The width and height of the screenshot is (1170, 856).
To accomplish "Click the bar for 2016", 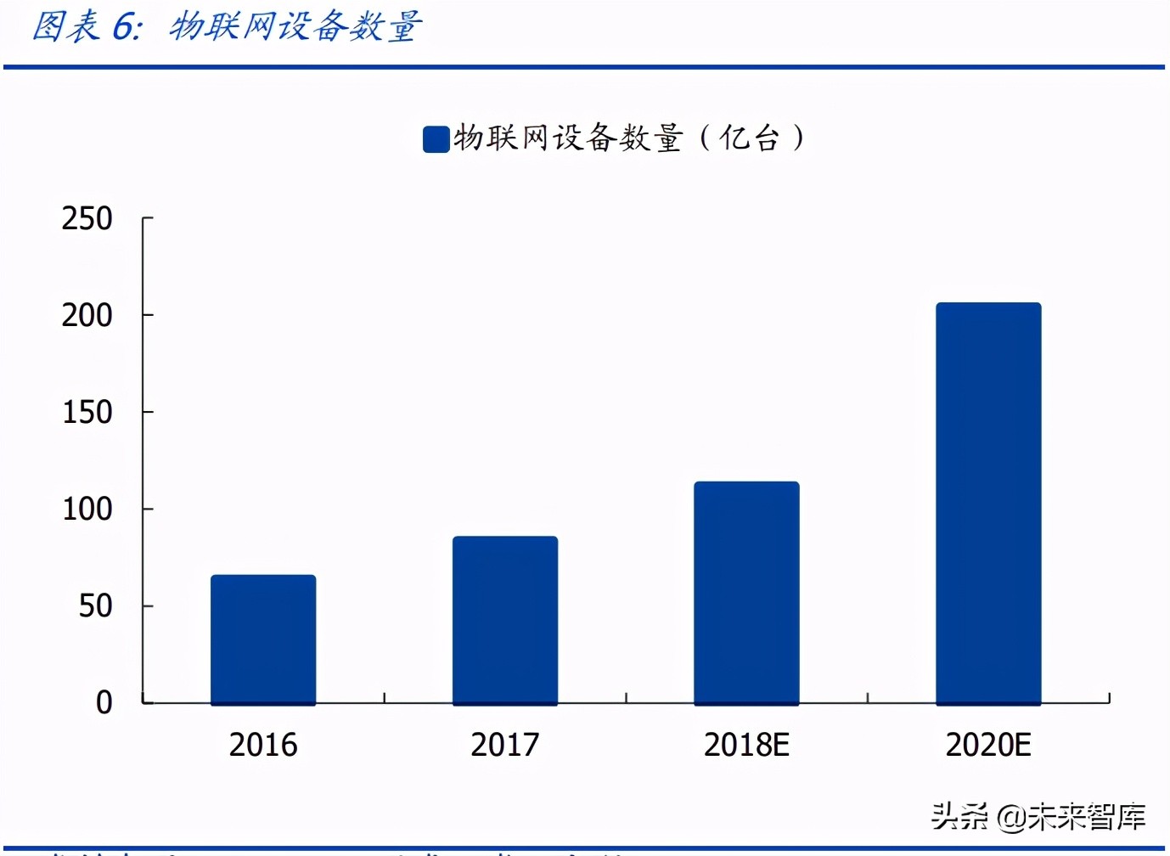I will tap(263, 639).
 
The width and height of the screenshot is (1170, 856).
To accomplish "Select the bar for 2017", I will tap(505, 620).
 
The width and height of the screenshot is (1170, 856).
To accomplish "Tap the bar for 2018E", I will tap(746, 593).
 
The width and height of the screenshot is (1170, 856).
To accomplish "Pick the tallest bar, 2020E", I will tap(988, 504).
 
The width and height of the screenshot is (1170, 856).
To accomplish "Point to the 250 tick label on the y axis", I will tap(87, 219).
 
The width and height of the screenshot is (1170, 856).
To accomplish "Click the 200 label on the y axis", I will tap(87, 316).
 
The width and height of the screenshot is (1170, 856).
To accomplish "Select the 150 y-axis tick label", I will tap(87, 413).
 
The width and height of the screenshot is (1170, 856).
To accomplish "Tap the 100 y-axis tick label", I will tap(87, 510).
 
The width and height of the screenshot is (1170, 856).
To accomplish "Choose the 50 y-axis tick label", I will tap(95, 606).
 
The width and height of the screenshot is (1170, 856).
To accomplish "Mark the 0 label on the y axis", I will tap(104, 703).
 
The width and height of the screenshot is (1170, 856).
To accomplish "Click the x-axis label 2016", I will tap(263, 745).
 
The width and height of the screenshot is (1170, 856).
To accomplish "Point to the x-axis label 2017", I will tap(505, 745).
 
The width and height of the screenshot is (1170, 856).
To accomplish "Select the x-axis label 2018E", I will tap(746, 745).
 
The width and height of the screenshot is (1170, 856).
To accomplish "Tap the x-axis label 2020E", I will tap(988, 745).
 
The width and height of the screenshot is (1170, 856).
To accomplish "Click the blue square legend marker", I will tap(436, 139).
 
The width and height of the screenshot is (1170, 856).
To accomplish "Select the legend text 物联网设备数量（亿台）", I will tap(629, 138).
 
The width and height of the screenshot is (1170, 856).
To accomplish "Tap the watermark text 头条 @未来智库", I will tap(1038, 817).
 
